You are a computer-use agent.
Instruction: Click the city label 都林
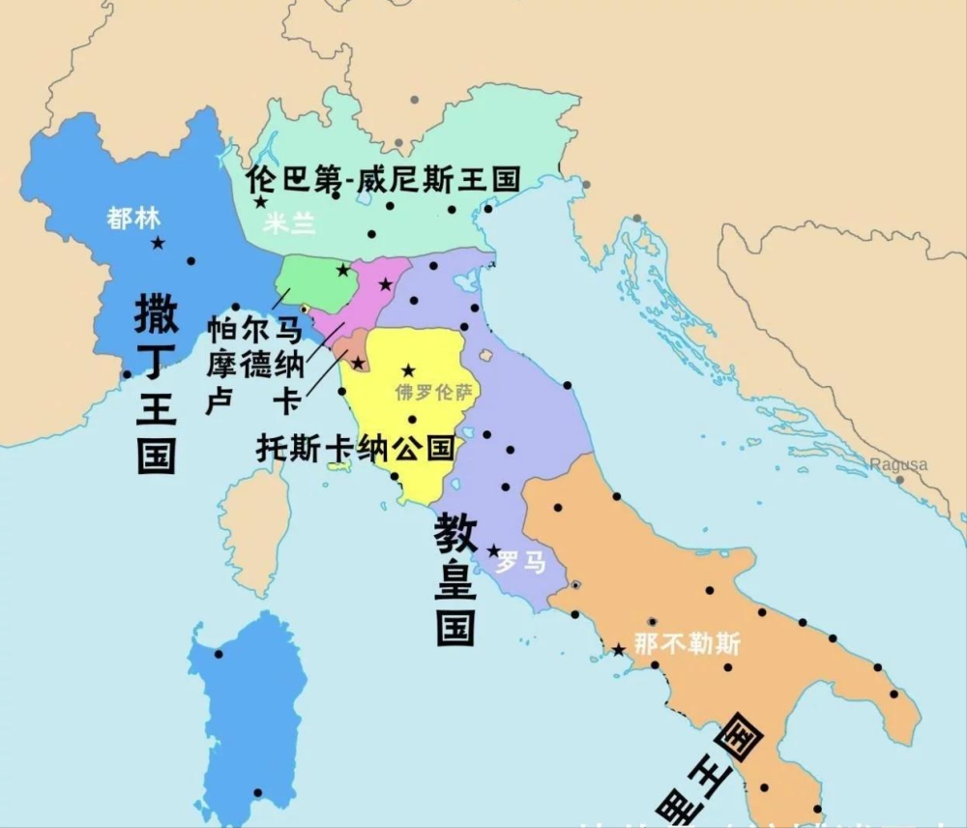point(133,219)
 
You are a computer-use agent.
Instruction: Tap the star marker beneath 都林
point(158,243)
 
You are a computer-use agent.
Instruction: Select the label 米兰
point(290,223)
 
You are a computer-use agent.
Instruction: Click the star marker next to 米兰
point(260,202)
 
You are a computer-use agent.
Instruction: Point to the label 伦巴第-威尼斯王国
point(383,178)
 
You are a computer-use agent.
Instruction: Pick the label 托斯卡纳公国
point(355,448)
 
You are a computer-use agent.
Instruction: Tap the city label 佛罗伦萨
point(434,393)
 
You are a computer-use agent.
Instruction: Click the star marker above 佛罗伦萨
point(408,370)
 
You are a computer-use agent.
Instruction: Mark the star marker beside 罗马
point(493,551)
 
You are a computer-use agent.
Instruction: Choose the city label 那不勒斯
point(688,643)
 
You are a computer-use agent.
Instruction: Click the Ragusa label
point(898,464)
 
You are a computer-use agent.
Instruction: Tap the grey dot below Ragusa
point(899,479)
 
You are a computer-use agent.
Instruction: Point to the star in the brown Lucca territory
point(358,363)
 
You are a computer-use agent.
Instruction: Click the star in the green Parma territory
point(342,270)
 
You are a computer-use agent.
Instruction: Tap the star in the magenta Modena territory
point(385,284)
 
